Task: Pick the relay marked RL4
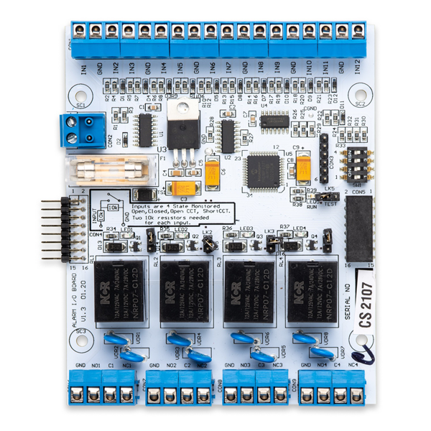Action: (x=312, y=291)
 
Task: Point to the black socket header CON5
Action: (x=358, y=228)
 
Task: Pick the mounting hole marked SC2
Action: (x=361, y=94)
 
